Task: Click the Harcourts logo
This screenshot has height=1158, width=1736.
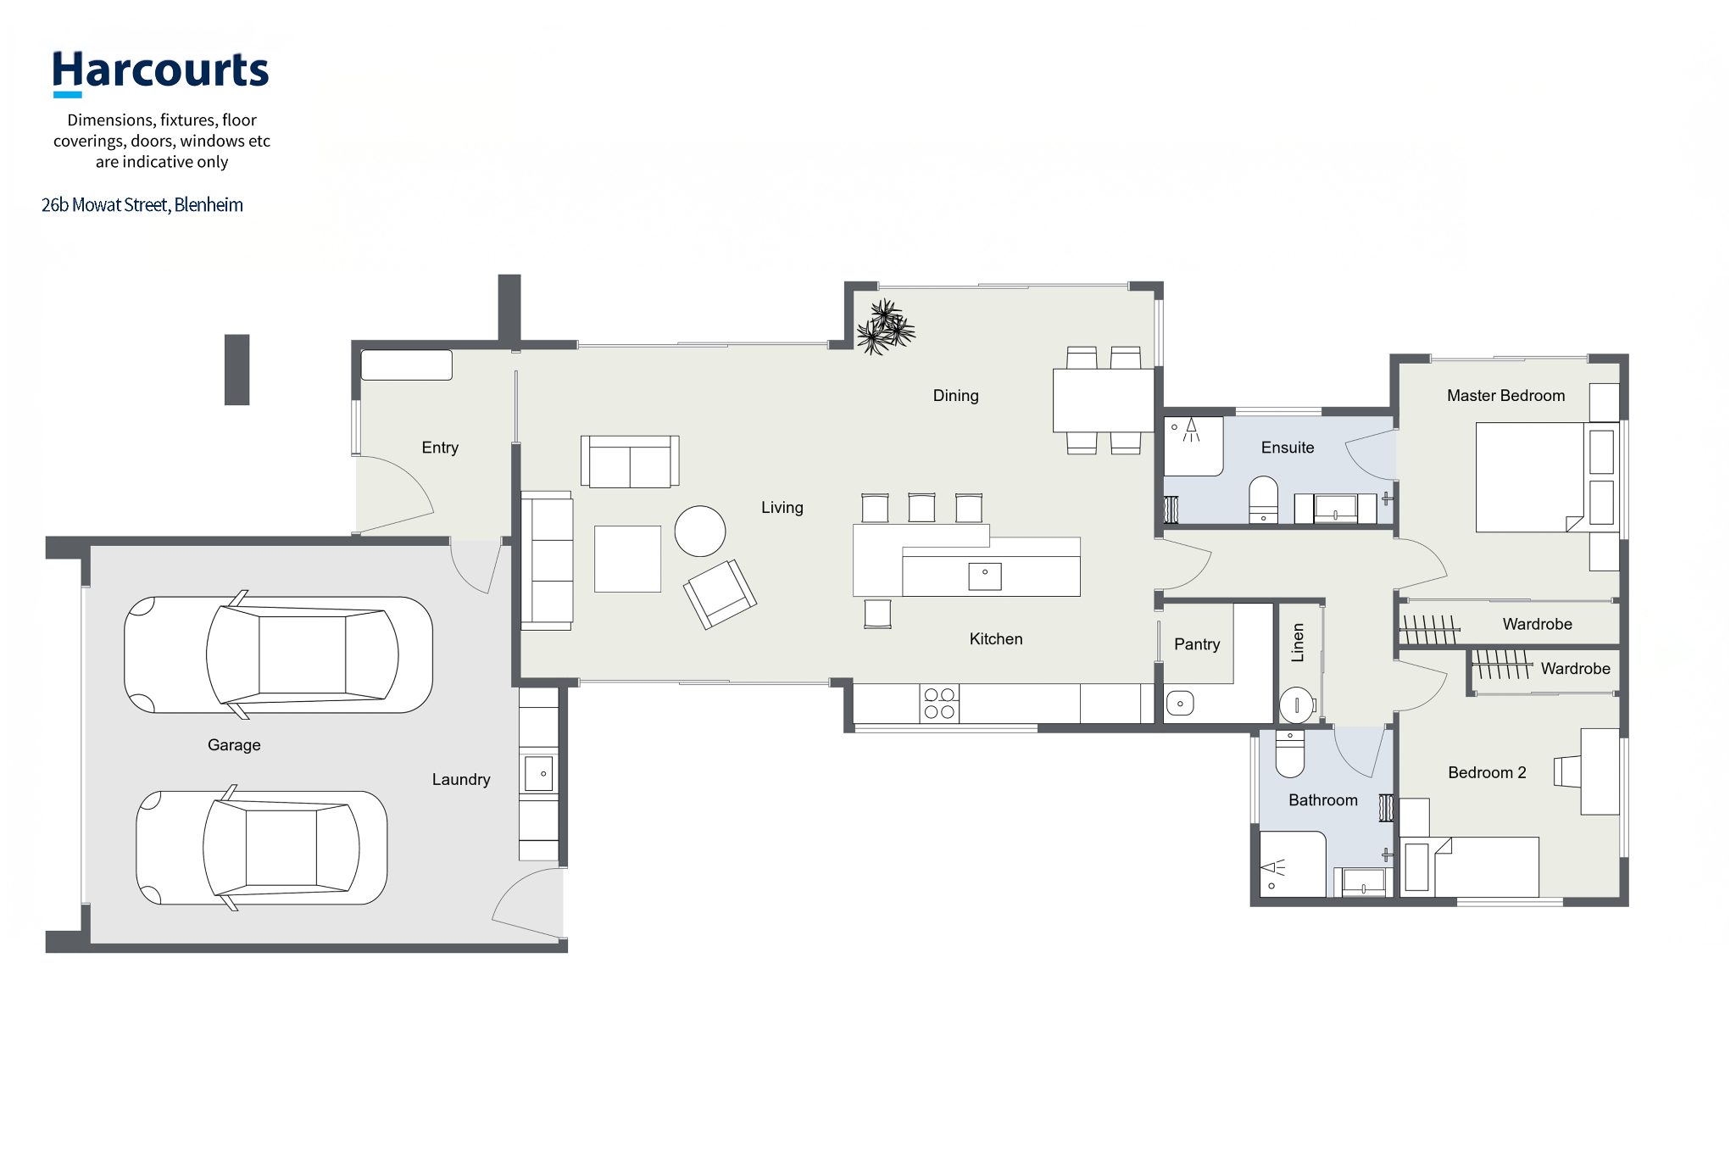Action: click(x=160, y=73)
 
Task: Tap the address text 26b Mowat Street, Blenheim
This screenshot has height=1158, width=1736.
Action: click(x=142, y=205)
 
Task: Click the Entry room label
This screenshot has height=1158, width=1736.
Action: click(x=440, y=448)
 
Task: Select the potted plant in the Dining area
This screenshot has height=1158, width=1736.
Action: click(x=885, y=326)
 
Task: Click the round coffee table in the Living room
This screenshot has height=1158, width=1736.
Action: click(x=700, y=531)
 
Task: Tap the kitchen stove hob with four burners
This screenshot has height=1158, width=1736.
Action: click(x=939, y=704)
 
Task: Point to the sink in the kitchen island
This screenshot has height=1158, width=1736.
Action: click(x=985, y=576)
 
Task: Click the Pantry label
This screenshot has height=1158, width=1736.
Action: click(x=1197, y=644)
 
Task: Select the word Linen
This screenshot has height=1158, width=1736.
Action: click(x=1298, y=643)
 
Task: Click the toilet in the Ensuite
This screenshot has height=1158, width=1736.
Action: click(x=1263, y=500)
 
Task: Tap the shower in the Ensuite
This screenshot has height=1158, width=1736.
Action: click(x=1193, y=446)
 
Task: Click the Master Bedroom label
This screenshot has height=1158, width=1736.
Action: click(x=1505, y=396)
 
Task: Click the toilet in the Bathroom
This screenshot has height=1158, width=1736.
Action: click(x=1290, y=754)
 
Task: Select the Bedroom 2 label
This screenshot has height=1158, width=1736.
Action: click(x=1487, y=773)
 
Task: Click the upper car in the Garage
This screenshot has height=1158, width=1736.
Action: click(x=278, y=654)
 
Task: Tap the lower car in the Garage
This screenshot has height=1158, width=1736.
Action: click(x=262, y=848)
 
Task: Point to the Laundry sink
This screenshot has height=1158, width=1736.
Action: click(x=539, y=773)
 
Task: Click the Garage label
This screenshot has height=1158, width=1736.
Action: click(x=234, y=745)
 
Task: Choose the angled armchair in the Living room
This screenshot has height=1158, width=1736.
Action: click(x=720, y=594)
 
